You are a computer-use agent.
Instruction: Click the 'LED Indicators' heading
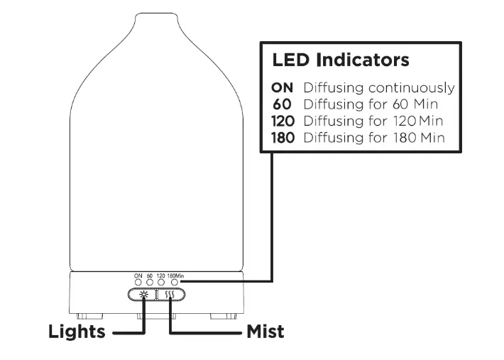coord(341,60)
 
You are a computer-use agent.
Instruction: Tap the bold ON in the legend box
coord(283,88)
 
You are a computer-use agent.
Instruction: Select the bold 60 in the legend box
coord(283,104)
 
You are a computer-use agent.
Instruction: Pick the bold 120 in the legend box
coord(283,121)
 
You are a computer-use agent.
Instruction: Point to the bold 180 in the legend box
coord(283,137)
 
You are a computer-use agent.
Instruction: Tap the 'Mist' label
coord(265,332)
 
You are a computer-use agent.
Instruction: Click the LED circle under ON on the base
coord(138,282)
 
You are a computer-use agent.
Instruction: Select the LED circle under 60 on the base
coord(150,282)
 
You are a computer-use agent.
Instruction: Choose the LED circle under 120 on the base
coord(161,282)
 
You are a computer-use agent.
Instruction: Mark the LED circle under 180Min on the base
coord(174,282)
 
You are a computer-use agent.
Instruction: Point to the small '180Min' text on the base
coord(175,275)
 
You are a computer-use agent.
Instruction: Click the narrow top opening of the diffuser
coord(155,15)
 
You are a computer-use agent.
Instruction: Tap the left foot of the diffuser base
coord(86,313)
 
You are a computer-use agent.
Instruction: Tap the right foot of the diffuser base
coord(225,313)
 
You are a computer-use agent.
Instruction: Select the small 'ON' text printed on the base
coord(138,275)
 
